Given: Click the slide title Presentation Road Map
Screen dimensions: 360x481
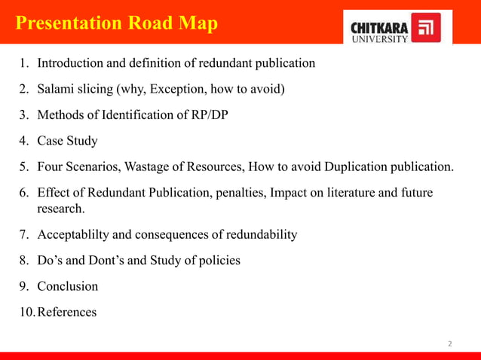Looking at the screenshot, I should pyautogui.click(x=117, y=23).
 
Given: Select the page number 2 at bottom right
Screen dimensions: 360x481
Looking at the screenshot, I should pyautogui.click(x=450, y=343).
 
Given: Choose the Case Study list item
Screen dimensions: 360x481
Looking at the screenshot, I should pyautogui.click(x=67, y=141).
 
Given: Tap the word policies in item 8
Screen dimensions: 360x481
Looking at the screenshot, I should pyautogui.click(x=218, y=261).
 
